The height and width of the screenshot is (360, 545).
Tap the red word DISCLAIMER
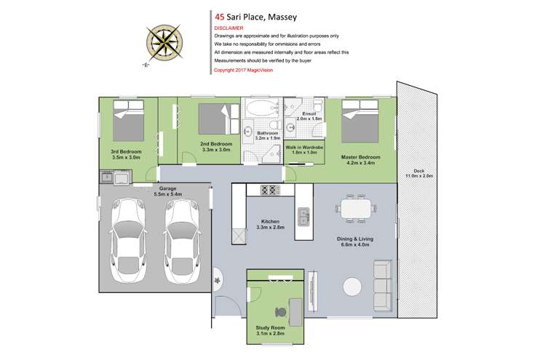pos(230,28)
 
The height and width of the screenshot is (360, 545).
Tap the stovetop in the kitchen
pos(269,191)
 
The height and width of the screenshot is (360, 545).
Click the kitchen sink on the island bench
pos(303,216)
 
